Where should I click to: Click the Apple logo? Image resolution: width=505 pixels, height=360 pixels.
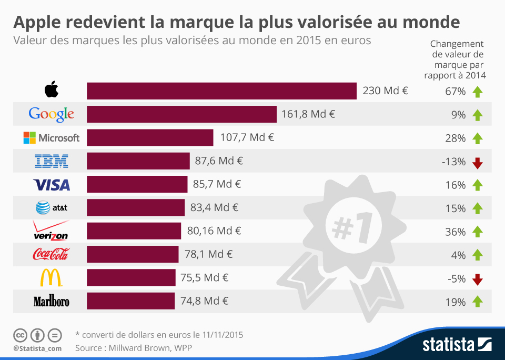[x=51, y=91]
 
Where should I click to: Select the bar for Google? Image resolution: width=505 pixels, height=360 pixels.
[x=181, y=114]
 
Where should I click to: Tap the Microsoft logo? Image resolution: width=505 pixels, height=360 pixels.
[x=51, y=138]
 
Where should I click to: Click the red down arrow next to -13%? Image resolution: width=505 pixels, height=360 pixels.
[x=477, y=163]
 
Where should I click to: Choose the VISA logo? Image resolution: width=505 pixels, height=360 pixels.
[x=51, y=185]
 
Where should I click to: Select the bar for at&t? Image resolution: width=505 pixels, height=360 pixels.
[x=136, y=207]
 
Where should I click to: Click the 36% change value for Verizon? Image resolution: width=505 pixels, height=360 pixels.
[x=455, y=232]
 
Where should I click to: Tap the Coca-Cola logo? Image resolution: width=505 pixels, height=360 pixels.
[x=51, y=255]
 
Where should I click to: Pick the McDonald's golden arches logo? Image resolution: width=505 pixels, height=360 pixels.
[x=51, y=278]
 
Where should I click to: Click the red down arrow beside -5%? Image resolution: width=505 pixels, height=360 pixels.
[x=477, y=279]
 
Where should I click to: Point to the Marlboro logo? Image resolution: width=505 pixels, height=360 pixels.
[x=51, y=302]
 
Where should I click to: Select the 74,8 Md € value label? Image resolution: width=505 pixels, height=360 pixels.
[x=206, y=301]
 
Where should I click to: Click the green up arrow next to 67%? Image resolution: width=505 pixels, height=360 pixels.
[x=477, y=92]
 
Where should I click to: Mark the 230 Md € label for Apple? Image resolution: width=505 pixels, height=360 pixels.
[x=385, y=91]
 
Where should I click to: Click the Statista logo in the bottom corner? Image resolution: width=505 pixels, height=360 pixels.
[x=457, y=345]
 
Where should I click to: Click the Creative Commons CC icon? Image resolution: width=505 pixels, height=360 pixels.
[x=20, y=335]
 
